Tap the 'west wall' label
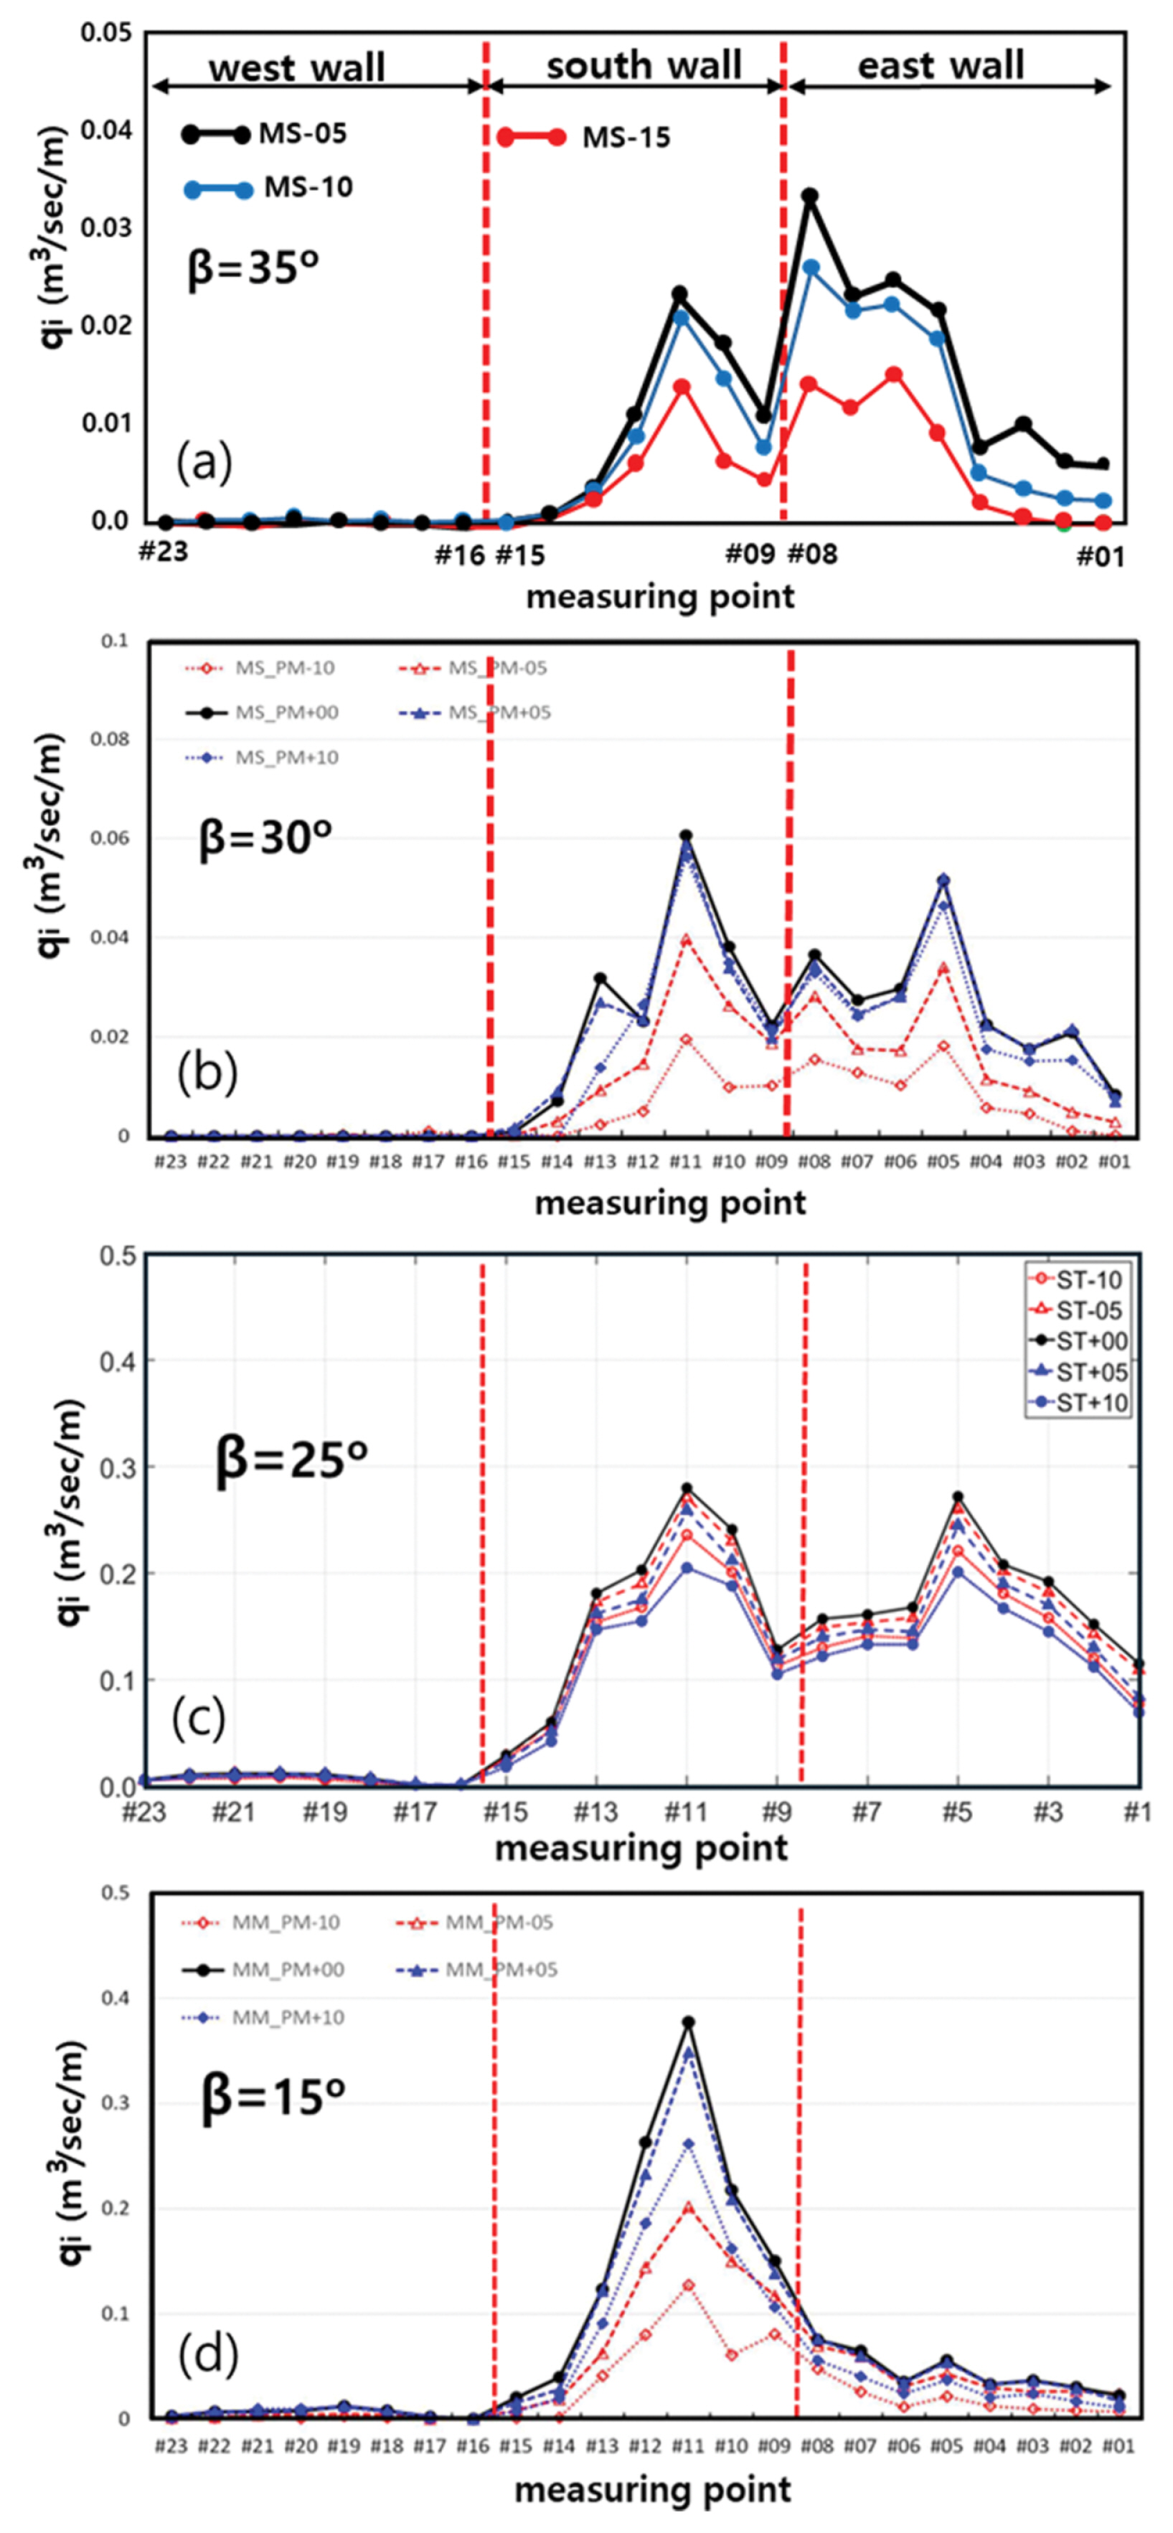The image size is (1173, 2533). click(x=297, y=68)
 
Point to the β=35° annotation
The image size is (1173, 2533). click(x=254, y=268)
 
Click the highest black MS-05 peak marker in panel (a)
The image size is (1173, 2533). click(x=810, y=197)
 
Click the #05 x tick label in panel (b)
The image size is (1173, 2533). click(x=943, y=1161)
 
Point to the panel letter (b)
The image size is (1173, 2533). click(x=207, y=1073)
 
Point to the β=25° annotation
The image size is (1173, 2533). click(x=291, y=1458)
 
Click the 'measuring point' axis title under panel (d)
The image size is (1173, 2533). click(x=652, y=2490)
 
